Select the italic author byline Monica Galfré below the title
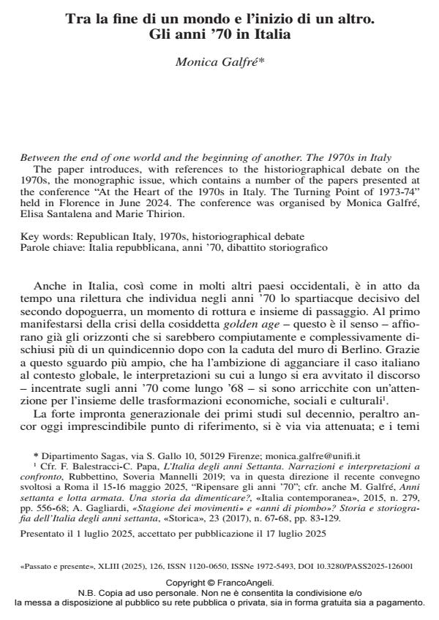[219, 62]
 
